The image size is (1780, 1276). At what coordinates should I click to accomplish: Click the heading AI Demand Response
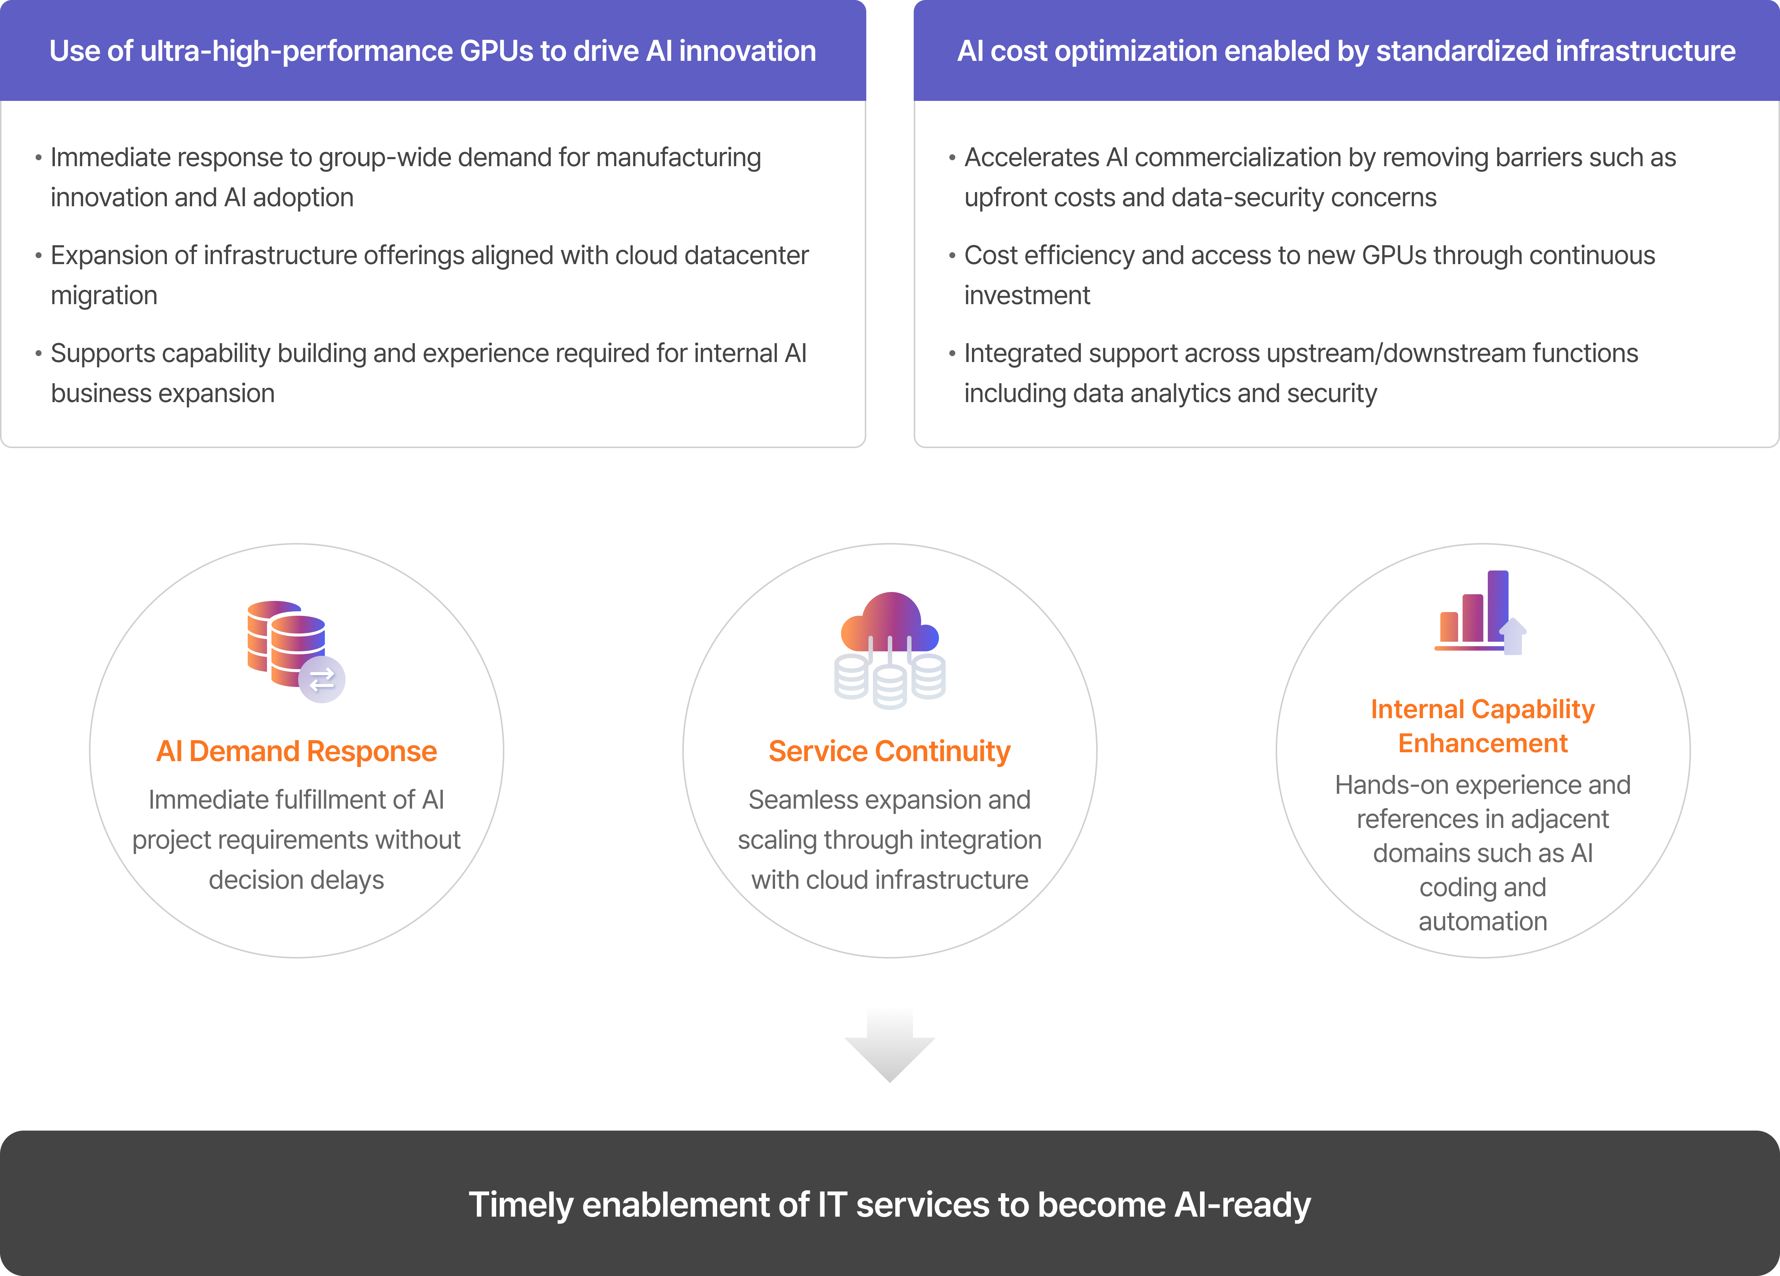coord(297,752)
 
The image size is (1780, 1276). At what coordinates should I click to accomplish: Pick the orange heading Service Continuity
coord(889,752)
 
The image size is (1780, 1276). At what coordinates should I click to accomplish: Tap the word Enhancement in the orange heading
coord(1483,743)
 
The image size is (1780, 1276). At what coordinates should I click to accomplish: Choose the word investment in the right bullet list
coord(1026,295)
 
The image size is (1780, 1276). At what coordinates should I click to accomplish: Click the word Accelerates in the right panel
coord(1031,158)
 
